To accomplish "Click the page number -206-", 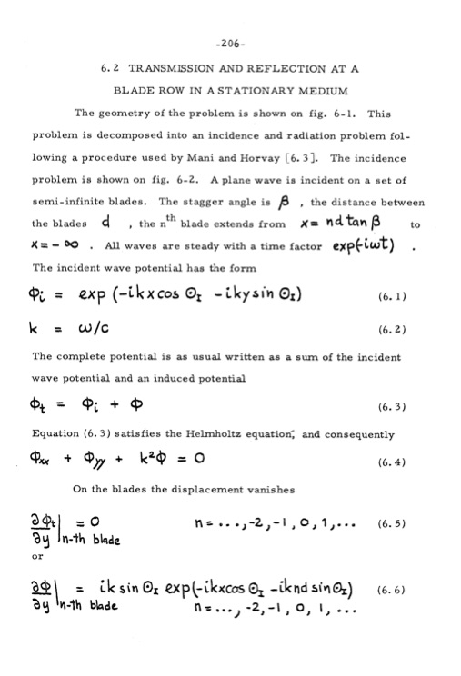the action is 230,42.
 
